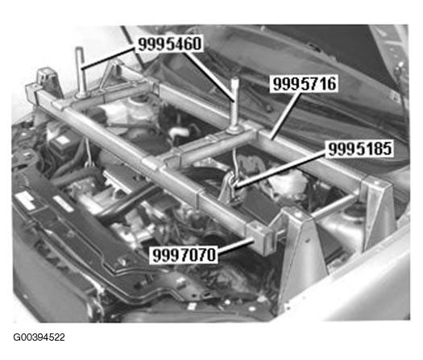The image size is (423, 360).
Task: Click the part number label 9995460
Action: point(170,44)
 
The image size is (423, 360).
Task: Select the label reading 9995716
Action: point(305,84)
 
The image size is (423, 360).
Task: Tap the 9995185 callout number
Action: point(360,148)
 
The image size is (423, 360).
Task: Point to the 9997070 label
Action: point(185,254)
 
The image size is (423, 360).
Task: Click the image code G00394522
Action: point(39,337)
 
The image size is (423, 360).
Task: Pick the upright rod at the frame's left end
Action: point(81,72)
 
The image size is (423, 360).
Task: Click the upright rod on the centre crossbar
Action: point(234,104)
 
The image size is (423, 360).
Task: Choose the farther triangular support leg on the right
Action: point(378,210)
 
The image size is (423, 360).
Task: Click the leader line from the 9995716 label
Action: point(286,115)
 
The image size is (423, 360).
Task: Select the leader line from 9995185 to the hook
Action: point(281,168)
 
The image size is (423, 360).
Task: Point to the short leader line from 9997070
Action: point(235,246)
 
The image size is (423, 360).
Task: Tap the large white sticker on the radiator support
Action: point(25,201)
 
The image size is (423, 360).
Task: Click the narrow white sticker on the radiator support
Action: point(63,204)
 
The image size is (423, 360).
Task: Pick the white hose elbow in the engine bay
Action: point(179,132)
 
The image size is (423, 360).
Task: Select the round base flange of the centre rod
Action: point(234,131)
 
